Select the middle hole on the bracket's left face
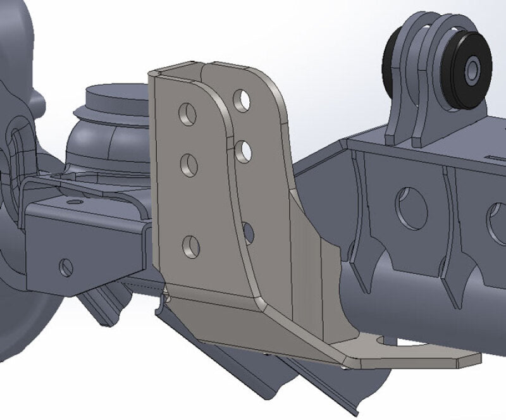point(189,166)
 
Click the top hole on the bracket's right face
point(241,100)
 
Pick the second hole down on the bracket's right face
point(244,151)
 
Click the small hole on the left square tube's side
point(66,268)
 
